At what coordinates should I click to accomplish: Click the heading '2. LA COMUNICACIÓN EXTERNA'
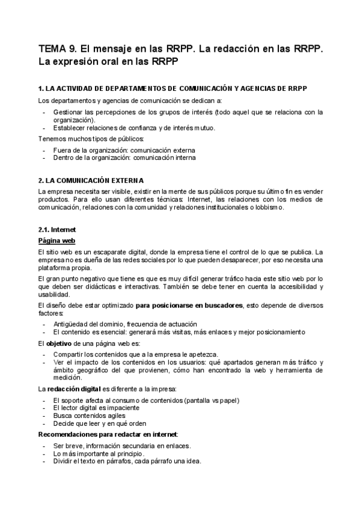pyautogui.click(x=91, y=180)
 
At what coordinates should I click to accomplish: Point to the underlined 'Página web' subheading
pyautogui.click(x=56, y=240)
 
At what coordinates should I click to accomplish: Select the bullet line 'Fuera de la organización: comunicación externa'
pyautogui.click(x=124, y=150)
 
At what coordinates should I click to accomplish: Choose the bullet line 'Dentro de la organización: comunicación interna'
pyautogui.click(x=124, y=158)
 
